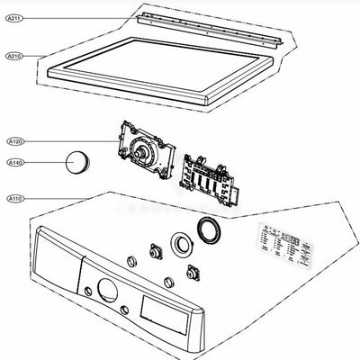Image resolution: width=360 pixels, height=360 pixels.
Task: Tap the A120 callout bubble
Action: [15, 142]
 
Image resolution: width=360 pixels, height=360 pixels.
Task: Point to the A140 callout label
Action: [15, 163]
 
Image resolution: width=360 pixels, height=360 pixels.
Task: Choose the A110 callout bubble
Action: [15, 197]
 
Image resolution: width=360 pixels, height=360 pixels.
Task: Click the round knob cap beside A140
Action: [76, 163]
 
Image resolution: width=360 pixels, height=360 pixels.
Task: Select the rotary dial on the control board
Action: [141, 152]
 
